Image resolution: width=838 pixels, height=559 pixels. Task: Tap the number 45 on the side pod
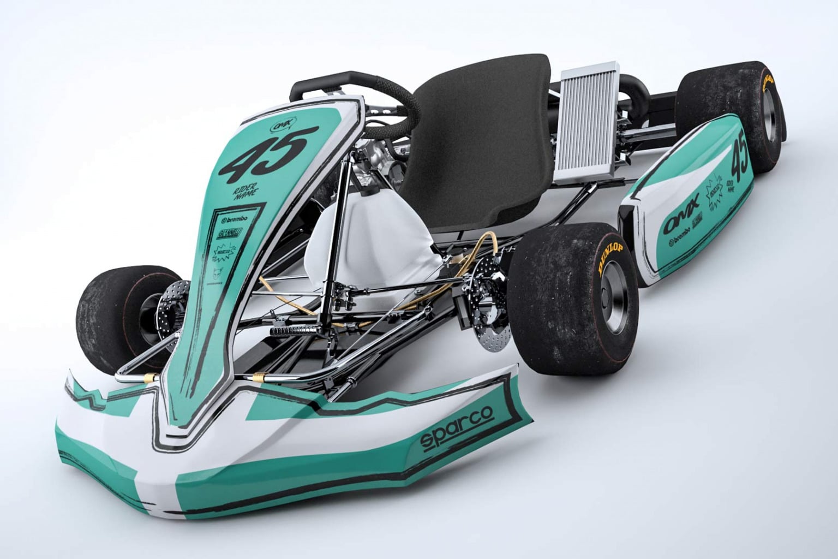pyautogui.click(x=740, y=154)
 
